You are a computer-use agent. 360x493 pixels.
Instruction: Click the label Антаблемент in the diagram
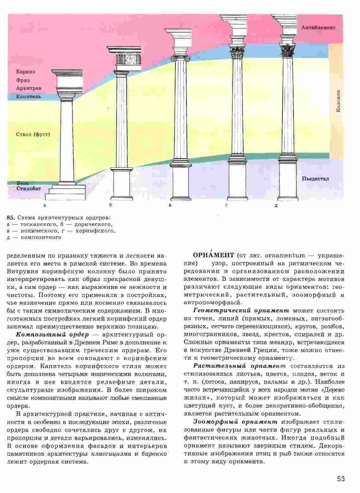coord(318,28)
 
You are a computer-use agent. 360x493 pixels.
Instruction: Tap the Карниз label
coord(26,72)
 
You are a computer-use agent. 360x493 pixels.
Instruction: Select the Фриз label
coord(23,80)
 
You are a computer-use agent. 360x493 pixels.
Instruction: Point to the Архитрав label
coord(28,88)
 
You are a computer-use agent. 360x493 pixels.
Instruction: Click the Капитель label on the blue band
coord(28,96)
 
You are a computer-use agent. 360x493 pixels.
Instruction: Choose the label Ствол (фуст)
coord(33,134)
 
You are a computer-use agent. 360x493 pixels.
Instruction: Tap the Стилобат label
coord(29,189)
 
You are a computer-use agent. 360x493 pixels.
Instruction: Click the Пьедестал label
coord(315,179)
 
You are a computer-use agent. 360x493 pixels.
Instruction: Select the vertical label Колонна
coord(338,101)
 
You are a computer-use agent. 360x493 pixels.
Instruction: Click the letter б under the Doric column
coord(111,205)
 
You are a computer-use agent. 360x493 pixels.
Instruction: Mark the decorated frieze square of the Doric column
coord(131,59)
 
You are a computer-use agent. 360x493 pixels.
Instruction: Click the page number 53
coord(341,479)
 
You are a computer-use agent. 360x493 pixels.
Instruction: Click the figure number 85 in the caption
coord(10,218)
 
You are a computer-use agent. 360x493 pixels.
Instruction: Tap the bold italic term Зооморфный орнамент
coord(235,422)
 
